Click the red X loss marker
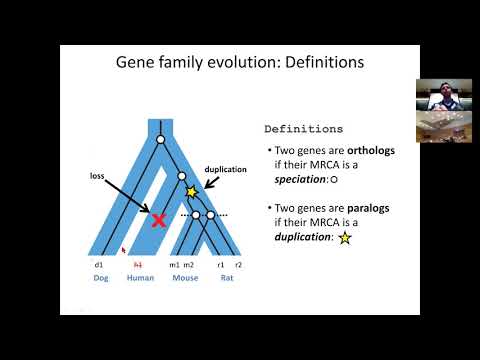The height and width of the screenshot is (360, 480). coord(158,220)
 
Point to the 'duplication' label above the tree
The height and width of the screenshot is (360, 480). coord(227,170)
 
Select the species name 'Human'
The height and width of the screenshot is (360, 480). coord(141,280)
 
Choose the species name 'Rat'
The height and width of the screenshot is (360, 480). coord(227,280)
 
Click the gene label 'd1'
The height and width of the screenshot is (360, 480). coord(99,265)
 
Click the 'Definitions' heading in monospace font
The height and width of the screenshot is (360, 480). coord(303,129)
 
